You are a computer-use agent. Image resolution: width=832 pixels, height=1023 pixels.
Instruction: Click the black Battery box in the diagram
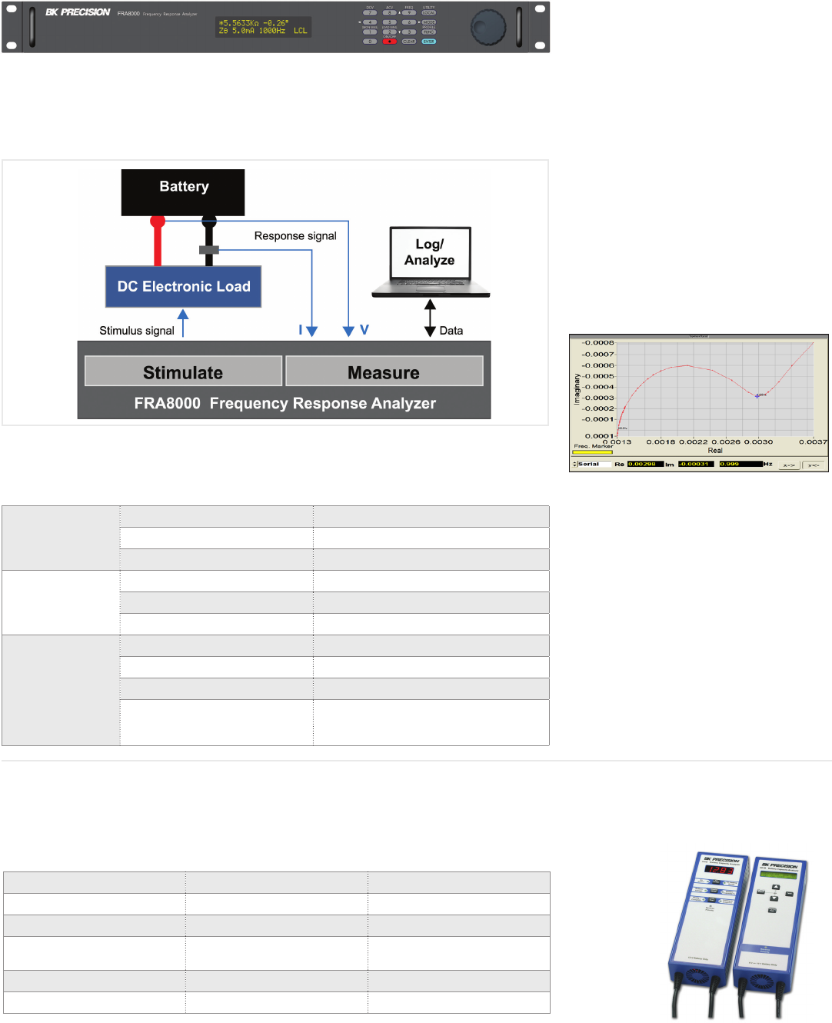tap(183, 192)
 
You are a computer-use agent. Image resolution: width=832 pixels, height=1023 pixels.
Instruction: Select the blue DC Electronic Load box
tap(183, 287)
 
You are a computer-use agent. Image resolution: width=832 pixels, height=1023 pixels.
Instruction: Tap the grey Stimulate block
tap(183, 372)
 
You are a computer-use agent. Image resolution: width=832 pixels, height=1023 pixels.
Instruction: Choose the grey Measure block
tap(384, 372)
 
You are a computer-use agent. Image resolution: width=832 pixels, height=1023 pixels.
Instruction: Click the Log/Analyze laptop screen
tap(430, 253)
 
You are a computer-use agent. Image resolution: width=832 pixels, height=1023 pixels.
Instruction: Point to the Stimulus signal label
tap(137, 331)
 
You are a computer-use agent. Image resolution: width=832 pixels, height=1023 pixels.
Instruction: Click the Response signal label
tap(295, 236)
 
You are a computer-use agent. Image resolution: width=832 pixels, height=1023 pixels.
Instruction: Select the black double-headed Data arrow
tap(430, 318)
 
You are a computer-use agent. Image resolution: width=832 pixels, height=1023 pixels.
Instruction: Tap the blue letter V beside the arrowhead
tap(364, 330)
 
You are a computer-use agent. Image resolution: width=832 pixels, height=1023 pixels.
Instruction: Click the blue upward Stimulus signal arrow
tap(183, 323)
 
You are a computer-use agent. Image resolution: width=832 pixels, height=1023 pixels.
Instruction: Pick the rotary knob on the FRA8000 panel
tap(488, 27)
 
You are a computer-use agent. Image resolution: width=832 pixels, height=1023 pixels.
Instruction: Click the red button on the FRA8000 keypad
tap(390, 42)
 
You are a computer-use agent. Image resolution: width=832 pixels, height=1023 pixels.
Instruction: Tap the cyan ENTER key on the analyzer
tap(428, 42)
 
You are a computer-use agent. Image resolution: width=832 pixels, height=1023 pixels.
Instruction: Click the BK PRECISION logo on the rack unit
tap(78, 12)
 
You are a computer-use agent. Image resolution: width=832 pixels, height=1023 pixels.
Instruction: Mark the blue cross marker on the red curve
tap(757, 396)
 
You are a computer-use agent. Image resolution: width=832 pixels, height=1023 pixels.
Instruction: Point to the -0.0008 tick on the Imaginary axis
tap(598, 343)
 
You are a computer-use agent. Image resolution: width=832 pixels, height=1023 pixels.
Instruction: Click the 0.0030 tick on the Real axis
tap(758, 442)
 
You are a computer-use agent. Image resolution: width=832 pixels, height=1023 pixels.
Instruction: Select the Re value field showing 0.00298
tap(644, 465)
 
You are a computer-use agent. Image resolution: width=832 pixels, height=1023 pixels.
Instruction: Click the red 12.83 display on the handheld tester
tap(720, 871)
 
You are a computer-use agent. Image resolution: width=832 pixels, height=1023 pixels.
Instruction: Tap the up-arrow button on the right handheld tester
tap(775, 887)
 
